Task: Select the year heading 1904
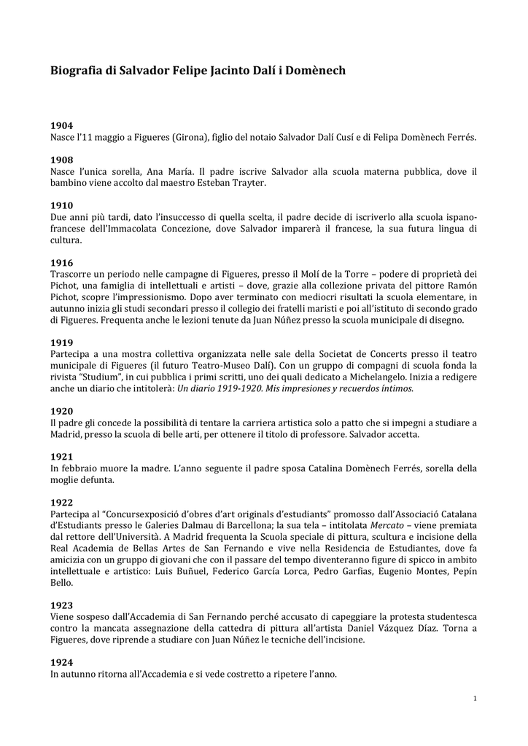coord(61,125)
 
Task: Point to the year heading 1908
coord(61,160)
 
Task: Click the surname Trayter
coord(247,183)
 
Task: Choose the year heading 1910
coord(61,205)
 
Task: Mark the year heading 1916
coord(61,262)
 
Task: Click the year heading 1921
coord(61,456)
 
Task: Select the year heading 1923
coord(61,605)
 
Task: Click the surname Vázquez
coord(429,629)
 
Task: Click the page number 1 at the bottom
coord(475,699)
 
